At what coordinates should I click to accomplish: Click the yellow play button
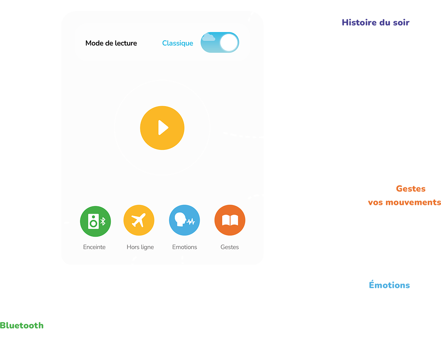(162, 128)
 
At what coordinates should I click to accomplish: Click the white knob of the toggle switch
(229, 43)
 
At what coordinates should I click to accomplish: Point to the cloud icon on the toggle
(208, 37)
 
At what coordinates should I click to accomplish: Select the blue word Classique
(178, 43)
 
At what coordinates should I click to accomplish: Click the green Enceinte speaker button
(96, 221)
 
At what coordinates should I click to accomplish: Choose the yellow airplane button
(139, 220)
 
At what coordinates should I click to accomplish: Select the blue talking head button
(184, 220)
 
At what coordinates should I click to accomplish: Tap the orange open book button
(230, 220)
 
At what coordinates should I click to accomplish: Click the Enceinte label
(94, 247)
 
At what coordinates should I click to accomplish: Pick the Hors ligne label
(140, 247)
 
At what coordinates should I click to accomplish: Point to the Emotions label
(184, 247)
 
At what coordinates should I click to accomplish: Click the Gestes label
(230, 247)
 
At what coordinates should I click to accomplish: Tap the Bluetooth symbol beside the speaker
(103, 221)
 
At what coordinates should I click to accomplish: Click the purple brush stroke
(375, 22)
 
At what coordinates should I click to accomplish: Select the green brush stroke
(22, 325)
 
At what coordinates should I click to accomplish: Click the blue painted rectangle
(389, 271)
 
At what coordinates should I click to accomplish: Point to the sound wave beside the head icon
(191, 222)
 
